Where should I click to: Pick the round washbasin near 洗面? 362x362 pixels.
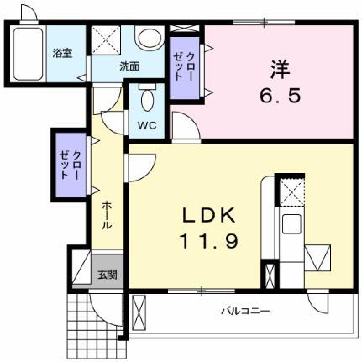(x=150, y=39)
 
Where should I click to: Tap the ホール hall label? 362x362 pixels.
(x=108, y=215)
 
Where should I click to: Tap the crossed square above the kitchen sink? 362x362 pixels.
(x=291, y=191)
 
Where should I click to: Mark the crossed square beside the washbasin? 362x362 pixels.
(x=107, y=40)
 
